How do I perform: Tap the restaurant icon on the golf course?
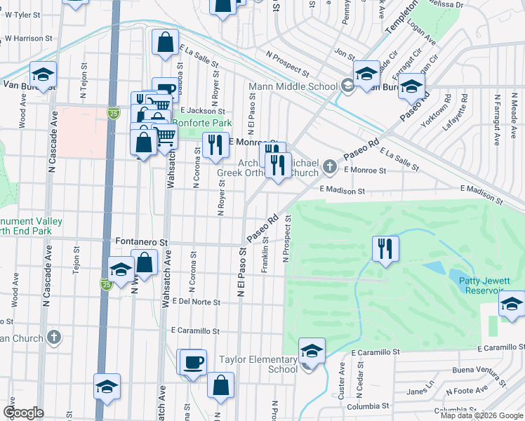click(x=385, y=248)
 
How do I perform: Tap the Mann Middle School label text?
click(x=294, y=87)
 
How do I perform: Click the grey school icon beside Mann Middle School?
click(x=347, y=86)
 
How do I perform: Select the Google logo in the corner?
click(x=23, y=413)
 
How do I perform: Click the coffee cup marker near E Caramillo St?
click(x=192, y=362)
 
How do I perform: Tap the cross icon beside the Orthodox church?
click(x=331, y=167)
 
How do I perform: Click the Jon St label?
click(x=344, y=53)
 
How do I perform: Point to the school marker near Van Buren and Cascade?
click(x=42, y=74)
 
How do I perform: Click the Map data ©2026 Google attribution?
click(x=482, y=415)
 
